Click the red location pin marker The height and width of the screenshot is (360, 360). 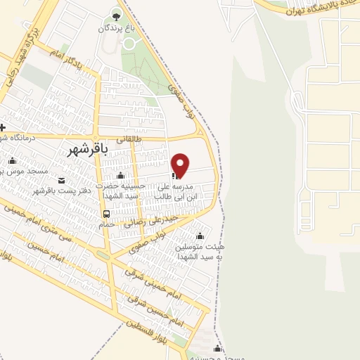pos(181,165)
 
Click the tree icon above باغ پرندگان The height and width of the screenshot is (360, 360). pos(116,16)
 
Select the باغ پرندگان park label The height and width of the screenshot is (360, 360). pos(116,28)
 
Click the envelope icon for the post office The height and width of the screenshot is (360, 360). pos(61,180)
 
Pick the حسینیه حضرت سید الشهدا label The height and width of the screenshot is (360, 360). pos(124,191)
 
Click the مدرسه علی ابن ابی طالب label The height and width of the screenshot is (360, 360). pos(189,193)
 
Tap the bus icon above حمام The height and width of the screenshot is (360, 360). pos(106,214)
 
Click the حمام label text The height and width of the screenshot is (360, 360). pos(106,224)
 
